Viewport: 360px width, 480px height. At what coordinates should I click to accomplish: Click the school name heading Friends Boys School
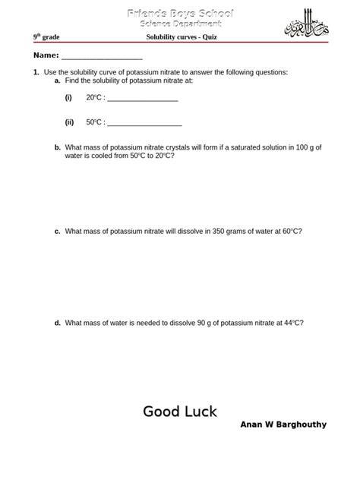click(179, 13)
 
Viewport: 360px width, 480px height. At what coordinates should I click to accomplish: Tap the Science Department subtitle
click(179, 24)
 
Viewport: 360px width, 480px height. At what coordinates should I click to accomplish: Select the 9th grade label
click(46, 37)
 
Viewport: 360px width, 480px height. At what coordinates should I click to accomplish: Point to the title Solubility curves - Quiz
click(179, 37)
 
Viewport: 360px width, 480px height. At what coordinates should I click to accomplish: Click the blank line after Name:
click(102, 57)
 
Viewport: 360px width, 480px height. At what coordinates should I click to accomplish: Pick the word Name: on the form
click(45, 56)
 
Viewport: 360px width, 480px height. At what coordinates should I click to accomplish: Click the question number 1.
click(36, 72)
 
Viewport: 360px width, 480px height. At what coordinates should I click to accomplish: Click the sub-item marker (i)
click(68, 98)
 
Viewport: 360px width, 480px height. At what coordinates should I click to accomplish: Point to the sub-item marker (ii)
click(69, 122)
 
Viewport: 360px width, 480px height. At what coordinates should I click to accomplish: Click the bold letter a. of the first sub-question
click(57, 81)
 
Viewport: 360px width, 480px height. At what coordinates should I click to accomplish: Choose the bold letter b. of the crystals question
click(57, 147)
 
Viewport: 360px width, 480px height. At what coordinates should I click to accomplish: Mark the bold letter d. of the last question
click(57, 323)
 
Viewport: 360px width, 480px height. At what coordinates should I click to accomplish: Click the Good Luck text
click(180, 412)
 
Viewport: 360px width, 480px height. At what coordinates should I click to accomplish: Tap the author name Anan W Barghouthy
click(283, 425)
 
